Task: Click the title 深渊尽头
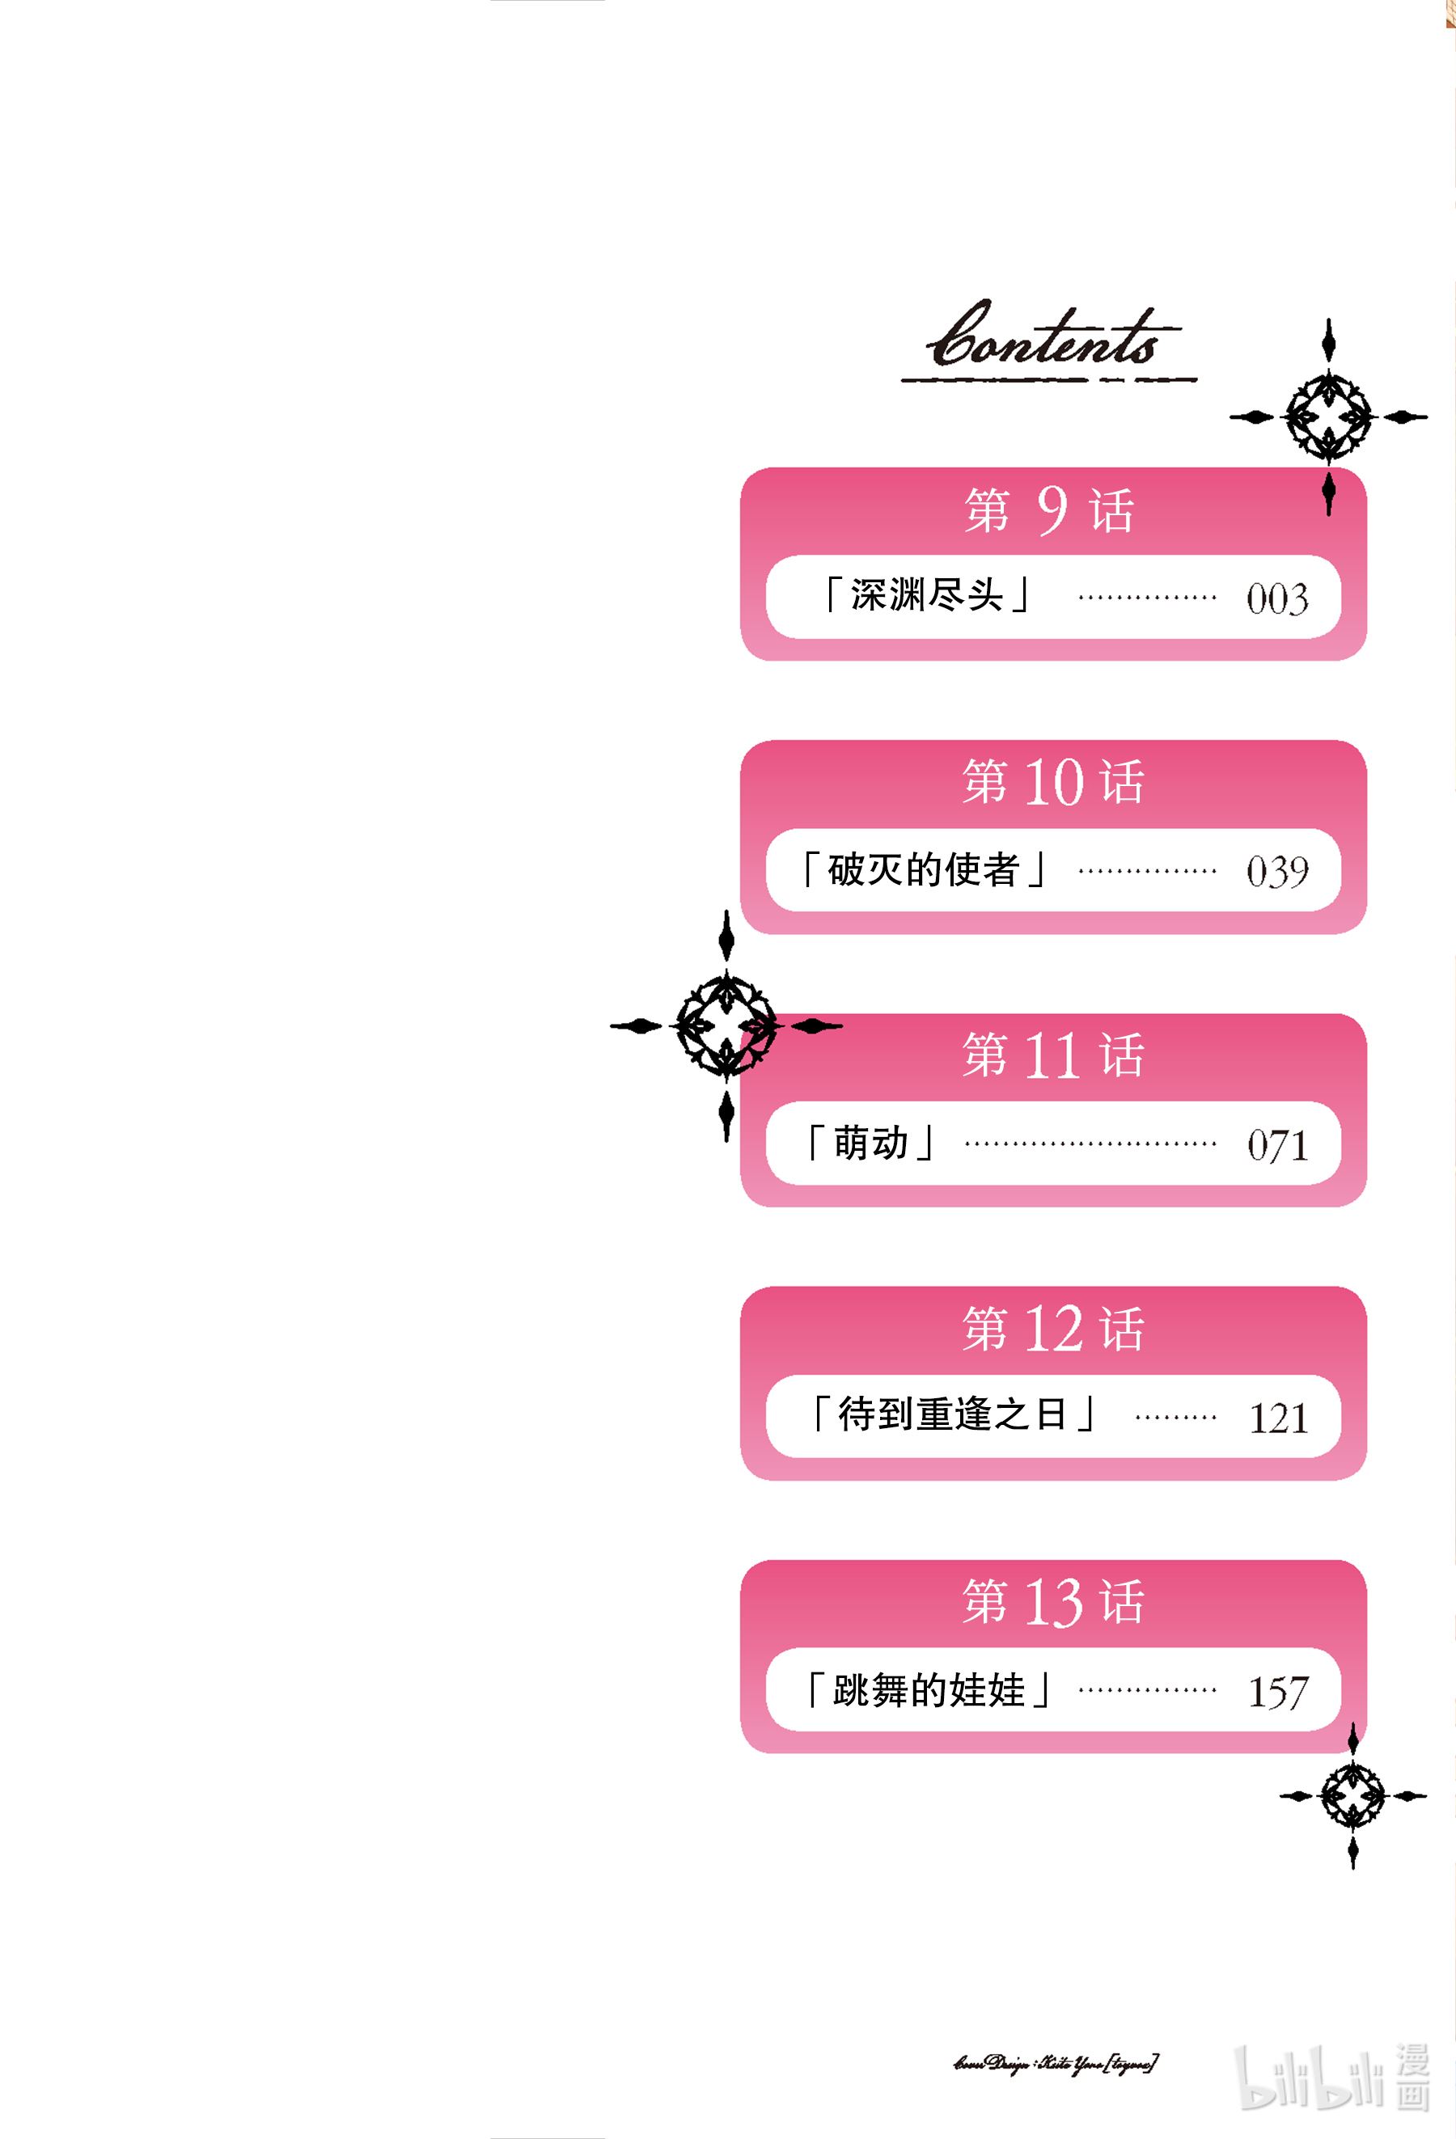(x=926, y=595)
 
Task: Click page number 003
(x=1277, y=599)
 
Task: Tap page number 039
(x=1277, y=872)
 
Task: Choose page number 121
(x=1278, y=1418)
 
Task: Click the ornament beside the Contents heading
(x=1328, y=417)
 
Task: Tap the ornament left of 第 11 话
(x=726, y=1025)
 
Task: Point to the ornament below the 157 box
(x=1352, y=1795)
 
